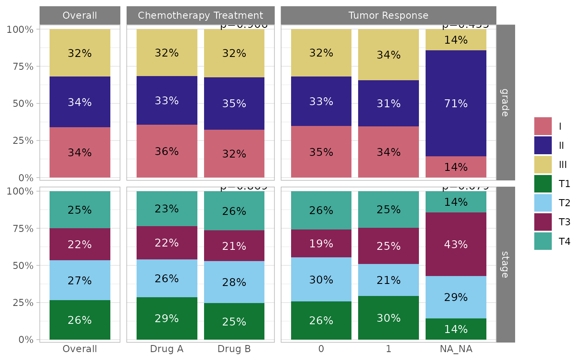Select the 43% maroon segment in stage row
tap(456, 244)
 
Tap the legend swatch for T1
tap(543, 184)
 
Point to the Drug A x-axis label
tap(167, 349)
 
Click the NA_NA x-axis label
tap(456, 349)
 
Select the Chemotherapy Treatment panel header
tap(200, 16)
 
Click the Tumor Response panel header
tap(388, 16)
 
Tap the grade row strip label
tap(505, 102)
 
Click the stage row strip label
tap(505, 264)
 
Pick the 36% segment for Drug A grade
tap(167, 151)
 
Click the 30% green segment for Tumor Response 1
tap(388, 318)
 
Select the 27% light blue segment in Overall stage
tap(80, 281)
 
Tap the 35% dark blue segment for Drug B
tap(234, 104)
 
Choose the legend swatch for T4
tap(543, 241)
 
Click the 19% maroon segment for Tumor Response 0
tap(321, 244)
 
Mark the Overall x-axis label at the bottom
tap(80, 349)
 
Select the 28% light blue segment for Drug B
tap(234, 282)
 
